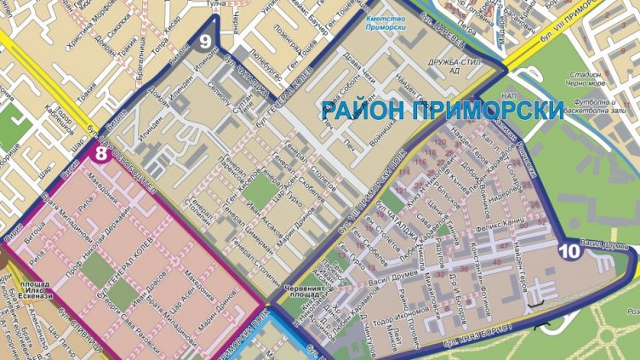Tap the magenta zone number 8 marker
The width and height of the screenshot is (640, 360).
click(x=101, y=154)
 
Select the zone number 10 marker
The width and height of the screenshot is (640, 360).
click(x=569, y=250)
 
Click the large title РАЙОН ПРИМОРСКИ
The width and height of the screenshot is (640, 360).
click(x=442, y=111)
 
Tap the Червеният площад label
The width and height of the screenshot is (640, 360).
click(x=306, y=291)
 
